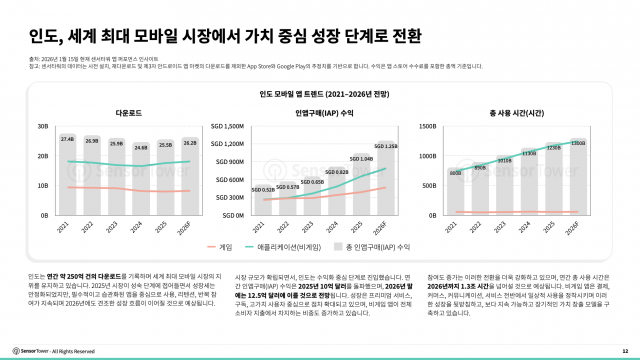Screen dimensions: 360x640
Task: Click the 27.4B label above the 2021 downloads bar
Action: click(x=67, y=139)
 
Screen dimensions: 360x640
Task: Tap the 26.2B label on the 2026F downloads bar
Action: click(x=189, y=142)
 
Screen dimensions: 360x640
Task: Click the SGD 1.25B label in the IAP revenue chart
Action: click(x=387, y=147)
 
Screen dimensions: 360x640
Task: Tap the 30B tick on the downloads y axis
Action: click(x=43, y=127)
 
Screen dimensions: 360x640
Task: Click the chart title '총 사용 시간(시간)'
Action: click(x=517, y=115)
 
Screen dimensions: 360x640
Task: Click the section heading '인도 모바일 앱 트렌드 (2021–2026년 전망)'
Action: click(x=319, y=96)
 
